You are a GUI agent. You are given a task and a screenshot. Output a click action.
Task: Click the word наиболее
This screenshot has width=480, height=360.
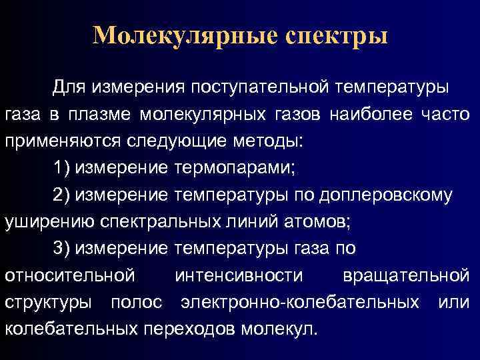pos(369,115)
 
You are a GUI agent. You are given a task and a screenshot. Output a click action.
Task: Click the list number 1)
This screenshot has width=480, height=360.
pos(61,167)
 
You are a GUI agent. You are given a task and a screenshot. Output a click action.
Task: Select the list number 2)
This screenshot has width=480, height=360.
pos(61,195)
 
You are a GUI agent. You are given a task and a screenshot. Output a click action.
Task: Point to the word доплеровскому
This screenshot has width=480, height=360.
pos(386,195)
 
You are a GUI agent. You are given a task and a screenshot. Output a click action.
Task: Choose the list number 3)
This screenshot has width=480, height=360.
pos(61,248)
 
